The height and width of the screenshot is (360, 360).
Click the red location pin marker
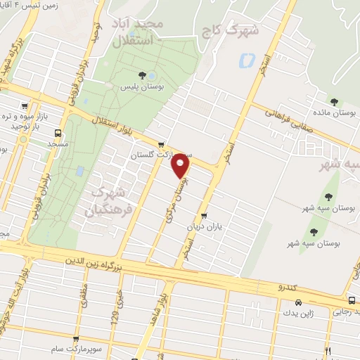(181, 165)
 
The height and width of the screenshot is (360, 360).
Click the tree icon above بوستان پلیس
(143, 74)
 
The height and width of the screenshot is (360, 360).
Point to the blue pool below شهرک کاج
(247, 61)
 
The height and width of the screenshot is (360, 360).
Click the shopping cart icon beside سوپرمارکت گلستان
(162, 144)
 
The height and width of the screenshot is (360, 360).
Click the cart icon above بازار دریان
(204, 216)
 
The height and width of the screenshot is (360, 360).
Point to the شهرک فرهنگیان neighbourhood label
(107, 195)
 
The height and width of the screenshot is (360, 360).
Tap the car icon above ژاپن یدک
(298, 303)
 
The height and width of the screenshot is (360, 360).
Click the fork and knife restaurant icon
(328, 349)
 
